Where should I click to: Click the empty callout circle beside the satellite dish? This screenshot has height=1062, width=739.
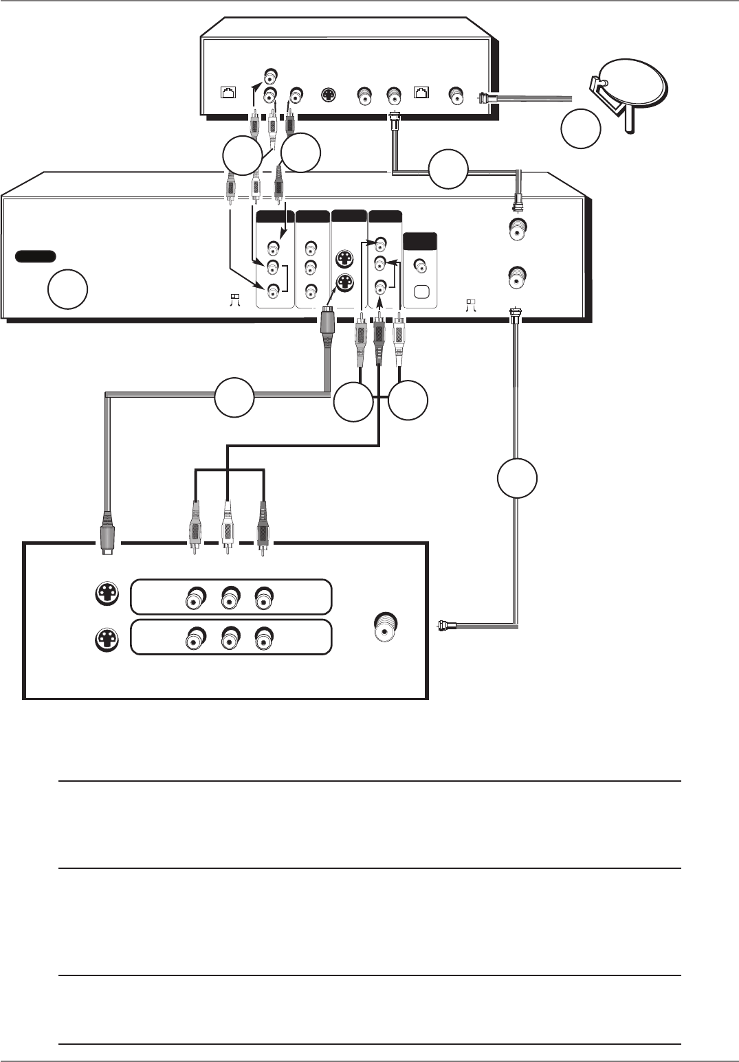click(x=580, y=129)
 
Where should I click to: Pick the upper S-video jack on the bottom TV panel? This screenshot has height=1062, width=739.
click(x=107, y=595)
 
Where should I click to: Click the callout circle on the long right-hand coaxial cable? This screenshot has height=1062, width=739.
click(x=517, y=478)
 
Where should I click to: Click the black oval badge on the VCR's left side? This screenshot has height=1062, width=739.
click(x=35, y=256)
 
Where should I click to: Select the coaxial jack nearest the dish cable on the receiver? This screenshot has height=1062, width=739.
click(x=455, y=95)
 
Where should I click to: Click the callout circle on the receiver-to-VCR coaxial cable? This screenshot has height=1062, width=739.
click(x=448, y=170)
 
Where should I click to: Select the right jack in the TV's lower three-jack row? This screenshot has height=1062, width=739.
click(x=263, y=640)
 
